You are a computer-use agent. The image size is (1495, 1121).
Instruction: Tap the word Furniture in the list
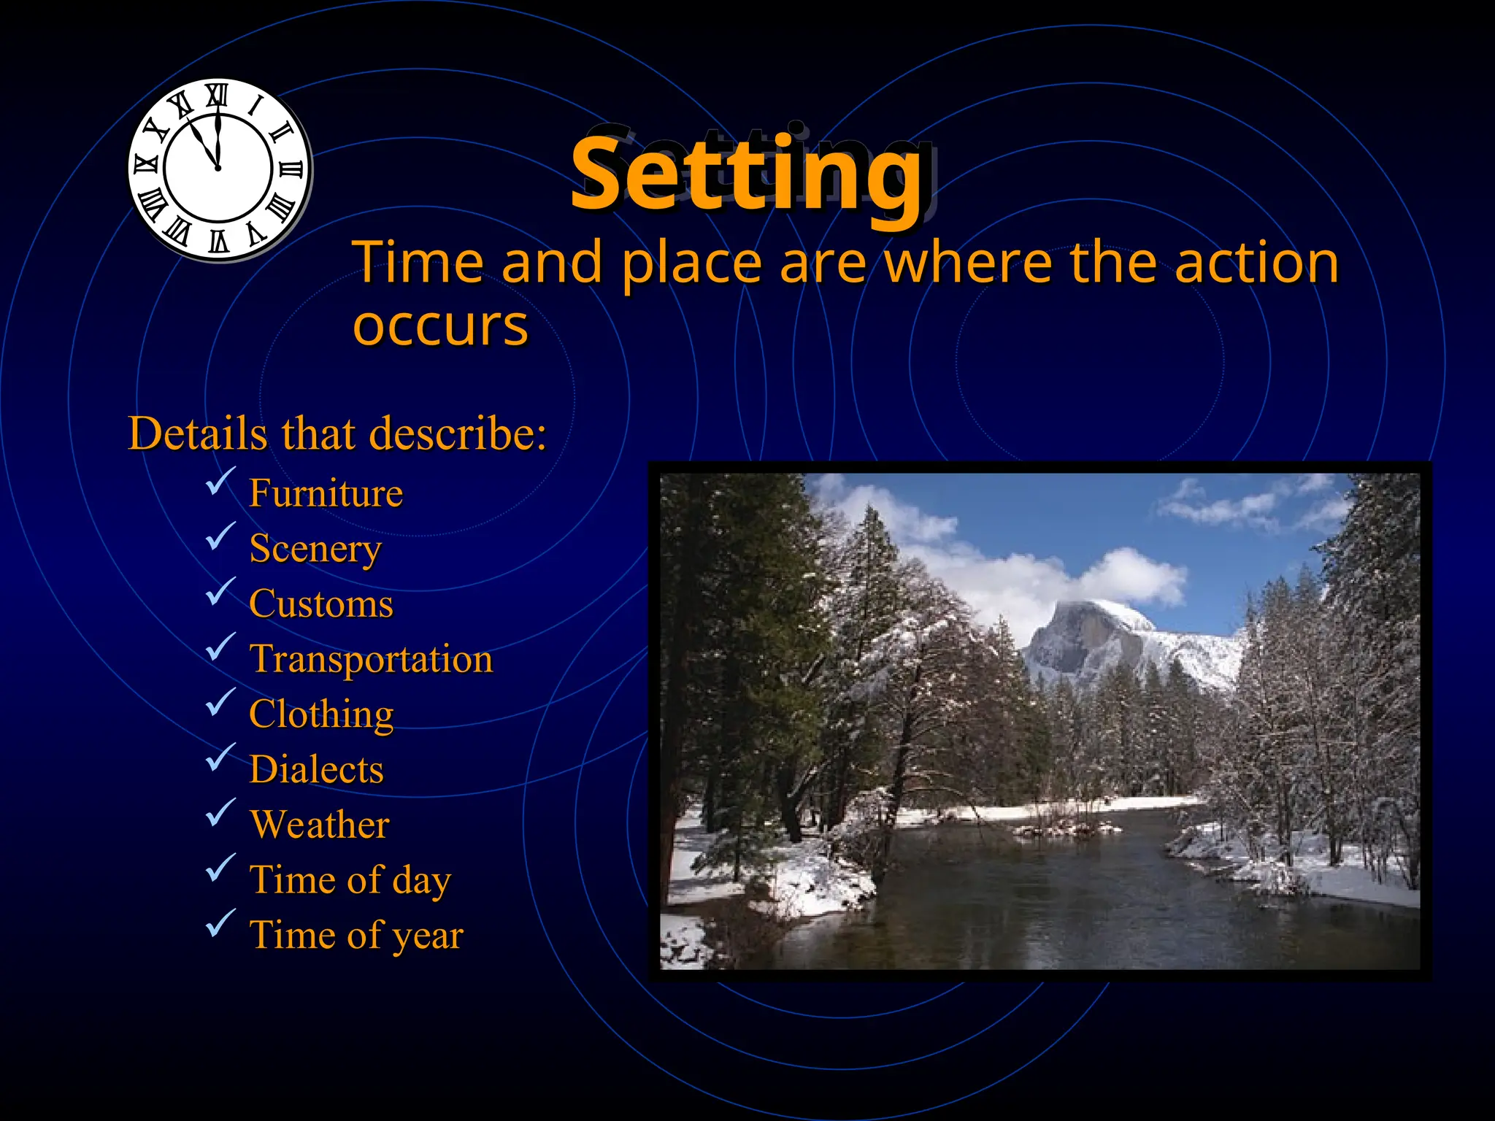pyautogui.click(x=326, y=493)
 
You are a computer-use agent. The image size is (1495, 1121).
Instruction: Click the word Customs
pyautogui.click(x=320, y=604)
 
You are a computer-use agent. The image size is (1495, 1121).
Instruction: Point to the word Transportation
pyautogui.click(x=371, y=659)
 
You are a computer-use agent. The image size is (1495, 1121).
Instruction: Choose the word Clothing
pyautogui.click(x=321, y=714)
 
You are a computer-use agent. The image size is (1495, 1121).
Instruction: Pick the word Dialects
pyautogui.click(x=316, y=769)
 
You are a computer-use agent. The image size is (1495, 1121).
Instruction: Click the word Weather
pyautogui.click(x=319, y=825)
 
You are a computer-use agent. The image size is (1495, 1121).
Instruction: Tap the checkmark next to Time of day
pyautogui.click(x=220, y=868)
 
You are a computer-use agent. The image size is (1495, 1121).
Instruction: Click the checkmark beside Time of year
pyautogui.click(x=220, y=923)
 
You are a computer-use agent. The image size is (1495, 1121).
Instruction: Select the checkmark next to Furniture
pyautogui.click(x=220, y=481)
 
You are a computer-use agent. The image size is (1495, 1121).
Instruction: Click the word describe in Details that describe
pyautogui.click(x=457, y=434)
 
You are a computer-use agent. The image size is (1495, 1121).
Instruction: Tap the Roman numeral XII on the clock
pyautogui.click(x=217, y=96)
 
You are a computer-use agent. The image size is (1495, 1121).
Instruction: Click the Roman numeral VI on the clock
pyautogui.click(x=218, y=241)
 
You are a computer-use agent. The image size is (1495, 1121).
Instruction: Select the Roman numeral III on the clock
pyautogui.click(x=291, y=169)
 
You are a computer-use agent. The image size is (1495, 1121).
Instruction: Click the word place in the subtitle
pyautogui.click(x=691, y=263)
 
